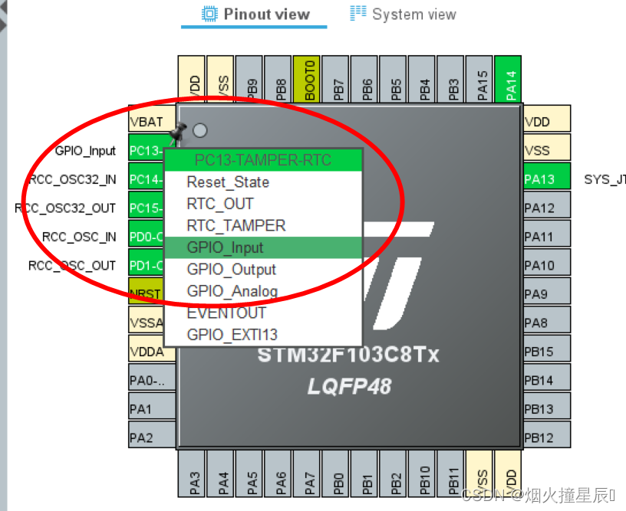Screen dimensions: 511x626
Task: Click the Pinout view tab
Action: (x=255, y=14)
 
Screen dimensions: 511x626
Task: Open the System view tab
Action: (x=403, y=14)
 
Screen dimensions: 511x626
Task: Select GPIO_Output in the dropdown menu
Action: (x=231, y=270)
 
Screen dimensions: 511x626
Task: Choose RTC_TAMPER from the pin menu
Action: (x=236, y=226)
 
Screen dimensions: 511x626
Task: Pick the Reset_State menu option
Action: (x=228, y=182)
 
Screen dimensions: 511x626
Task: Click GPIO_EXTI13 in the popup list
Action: (x=232, y=335)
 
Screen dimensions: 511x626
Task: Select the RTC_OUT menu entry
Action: (x=219, y=204)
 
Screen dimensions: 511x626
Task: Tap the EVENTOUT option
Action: (x=226, y=313)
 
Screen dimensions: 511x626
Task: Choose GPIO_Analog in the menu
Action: (x=232, y=291)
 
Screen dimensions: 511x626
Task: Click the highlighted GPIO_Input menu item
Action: (x=225, y=247)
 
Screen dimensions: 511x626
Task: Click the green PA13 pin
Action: (x=547, y=179)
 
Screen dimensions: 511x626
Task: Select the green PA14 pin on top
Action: (x=509, y=79)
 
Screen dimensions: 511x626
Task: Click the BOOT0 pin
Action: (x=309, y=79)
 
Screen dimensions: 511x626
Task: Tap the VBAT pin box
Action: (x=146, y=122)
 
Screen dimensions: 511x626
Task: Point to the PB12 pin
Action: (x=547, y=438)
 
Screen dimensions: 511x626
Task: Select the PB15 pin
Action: (x=547, y=352)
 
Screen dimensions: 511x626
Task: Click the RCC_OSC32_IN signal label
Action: (x=72, y=179)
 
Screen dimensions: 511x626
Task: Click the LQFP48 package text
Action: (x=349, y=386)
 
